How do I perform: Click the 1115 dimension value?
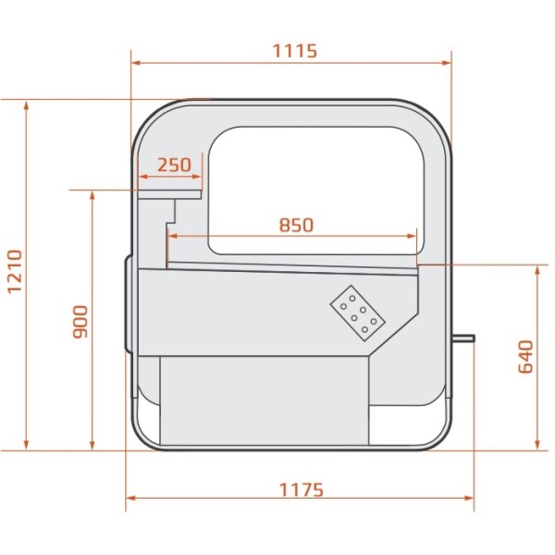[x=294, y=51]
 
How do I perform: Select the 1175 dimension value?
[x=302, y=490]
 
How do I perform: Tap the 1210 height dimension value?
[x=15, y=271]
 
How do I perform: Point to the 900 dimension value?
[x=80, y=322]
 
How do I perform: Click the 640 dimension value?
[x=525, y=356]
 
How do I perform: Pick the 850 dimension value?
[x=297, y=225]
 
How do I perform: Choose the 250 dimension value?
[x=174, y=165]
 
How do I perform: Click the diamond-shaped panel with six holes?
[x=357, y=314]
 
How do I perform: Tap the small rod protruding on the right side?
[x=463, y=339]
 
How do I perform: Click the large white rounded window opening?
[x=316, y=191]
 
